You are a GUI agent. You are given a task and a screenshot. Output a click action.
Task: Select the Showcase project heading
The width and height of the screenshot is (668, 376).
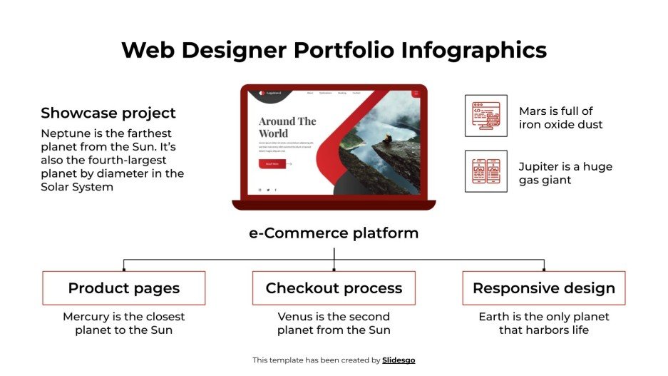click(x=108, y=113)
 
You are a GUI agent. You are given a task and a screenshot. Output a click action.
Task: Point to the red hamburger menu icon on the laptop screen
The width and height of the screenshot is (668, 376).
click(x=416, y=93)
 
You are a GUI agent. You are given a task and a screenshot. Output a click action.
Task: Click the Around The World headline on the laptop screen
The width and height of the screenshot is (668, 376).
click(x=287, y=127)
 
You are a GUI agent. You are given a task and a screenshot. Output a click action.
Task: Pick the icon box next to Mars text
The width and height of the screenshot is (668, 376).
click(x=485, y=116)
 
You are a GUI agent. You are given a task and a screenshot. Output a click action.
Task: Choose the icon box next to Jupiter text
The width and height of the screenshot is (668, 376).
click(x=485, y=171)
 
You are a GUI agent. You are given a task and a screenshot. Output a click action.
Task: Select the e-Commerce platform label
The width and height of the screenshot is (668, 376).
click(x=334, y=233)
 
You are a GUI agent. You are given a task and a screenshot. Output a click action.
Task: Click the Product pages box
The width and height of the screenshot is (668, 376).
click(x=124, y=288)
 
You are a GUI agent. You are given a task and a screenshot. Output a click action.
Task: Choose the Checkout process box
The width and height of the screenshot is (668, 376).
click(x=334, y=288)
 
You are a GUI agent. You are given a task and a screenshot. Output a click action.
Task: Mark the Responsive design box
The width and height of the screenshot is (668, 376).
click(x=543, y=288)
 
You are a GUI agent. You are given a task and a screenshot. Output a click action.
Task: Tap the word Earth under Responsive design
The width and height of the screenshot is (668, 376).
click(x=494, y=317)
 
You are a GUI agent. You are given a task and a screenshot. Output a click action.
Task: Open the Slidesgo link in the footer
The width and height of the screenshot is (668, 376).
click(x=399, y=360)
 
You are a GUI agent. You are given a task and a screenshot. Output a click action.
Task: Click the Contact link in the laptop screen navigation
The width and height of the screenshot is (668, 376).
click(x=356, y=93)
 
